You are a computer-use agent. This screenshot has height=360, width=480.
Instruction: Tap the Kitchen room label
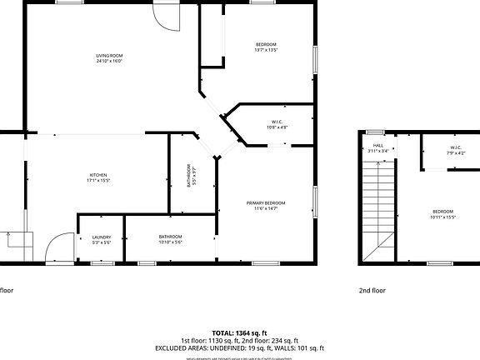[98, 175]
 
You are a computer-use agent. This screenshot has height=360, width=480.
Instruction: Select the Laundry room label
[101, 237]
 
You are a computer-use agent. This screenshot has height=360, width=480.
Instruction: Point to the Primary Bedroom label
[266, 203]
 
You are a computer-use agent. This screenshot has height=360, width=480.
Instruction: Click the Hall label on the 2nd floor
[377, 146]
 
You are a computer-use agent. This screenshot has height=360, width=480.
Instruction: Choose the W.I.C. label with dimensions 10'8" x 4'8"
[277, 122]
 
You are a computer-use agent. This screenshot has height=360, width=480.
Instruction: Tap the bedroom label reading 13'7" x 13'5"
[265, 44]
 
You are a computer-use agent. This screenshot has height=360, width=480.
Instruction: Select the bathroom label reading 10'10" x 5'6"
[170, 239]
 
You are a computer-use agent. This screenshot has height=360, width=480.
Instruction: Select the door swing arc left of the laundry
[58, 247]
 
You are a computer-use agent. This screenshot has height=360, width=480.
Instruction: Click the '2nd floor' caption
[372, 291]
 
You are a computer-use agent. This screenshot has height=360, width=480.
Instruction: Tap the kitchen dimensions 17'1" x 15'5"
[98, 180]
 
